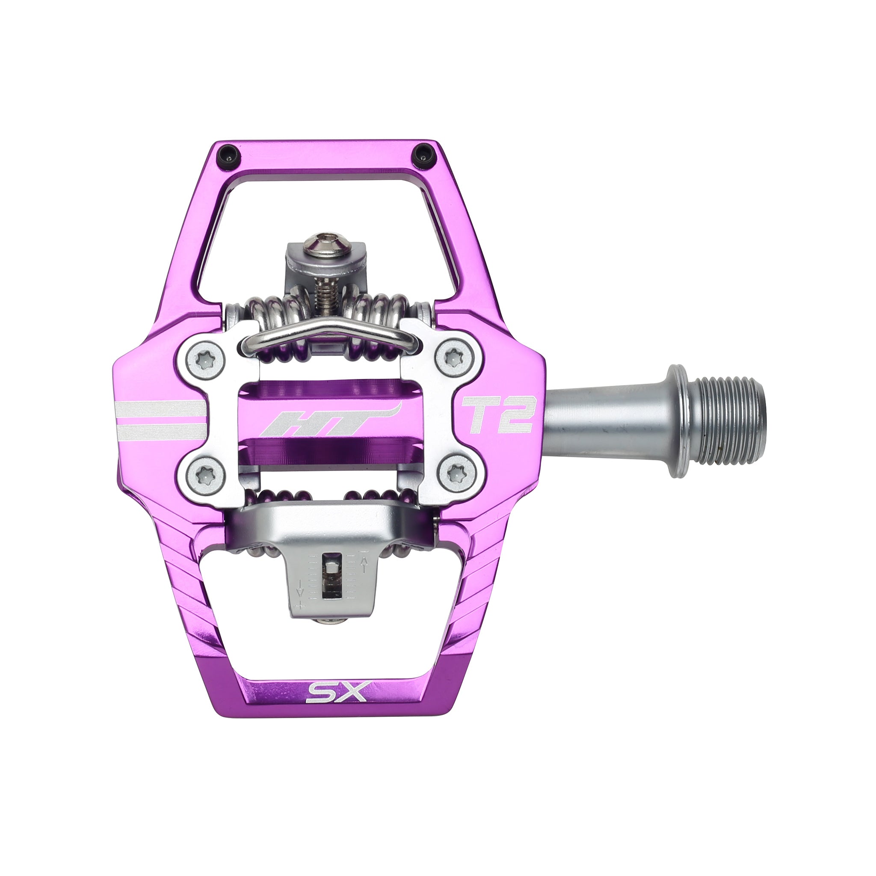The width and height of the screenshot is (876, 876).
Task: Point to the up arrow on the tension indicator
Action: (363, 564)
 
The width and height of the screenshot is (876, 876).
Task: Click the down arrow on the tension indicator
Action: (299, 592)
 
